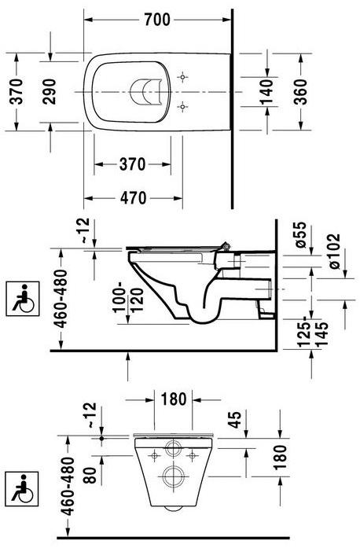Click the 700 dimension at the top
[156, 20]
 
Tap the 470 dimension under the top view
[132, 199]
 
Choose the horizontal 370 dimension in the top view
[132, 164]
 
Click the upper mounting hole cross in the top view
[183, 78]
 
